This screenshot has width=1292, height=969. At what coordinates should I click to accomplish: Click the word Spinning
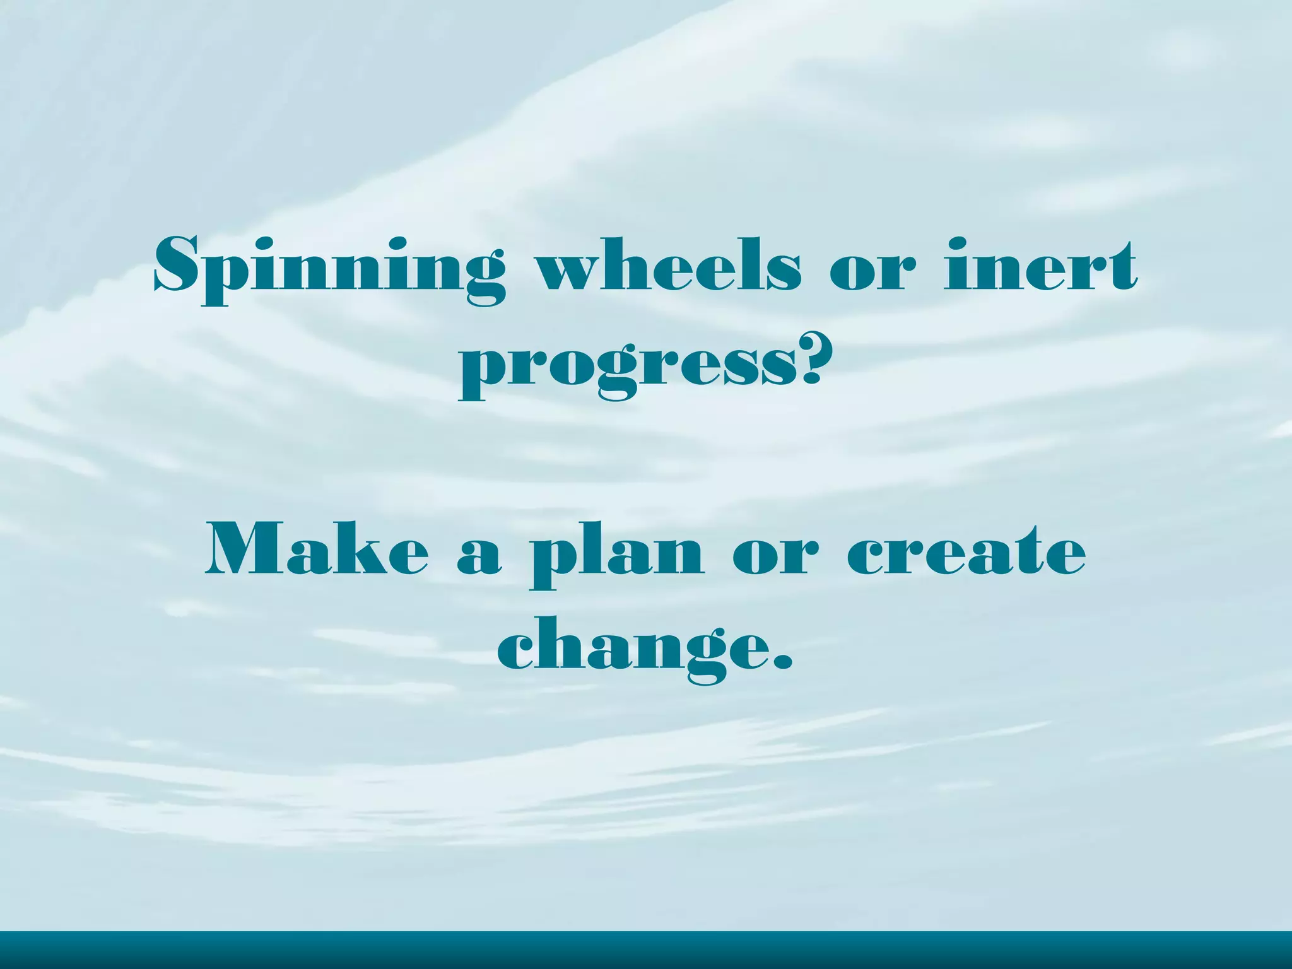click(x=329, y=268)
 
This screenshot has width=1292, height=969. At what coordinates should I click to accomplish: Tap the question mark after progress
click(x=807, y=360)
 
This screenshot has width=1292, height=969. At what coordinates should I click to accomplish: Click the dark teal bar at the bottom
click(x=646, y=950)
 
